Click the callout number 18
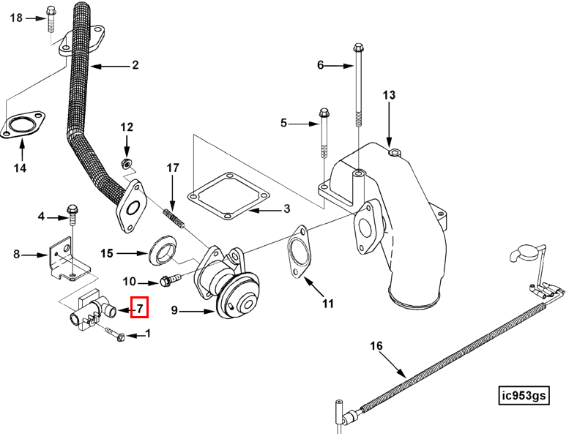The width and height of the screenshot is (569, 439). point(16,18)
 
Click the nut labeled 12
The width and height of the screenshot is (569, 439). point(125,161)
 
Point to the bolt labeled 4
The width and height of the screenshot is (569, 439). point(72,217)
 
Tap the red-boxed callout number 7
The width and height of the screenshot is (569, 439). point(139,308)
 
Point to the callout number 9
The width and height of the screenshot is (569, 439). point(174,310)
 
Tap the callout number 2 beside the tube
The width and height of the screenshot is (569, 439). point(135,66)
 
